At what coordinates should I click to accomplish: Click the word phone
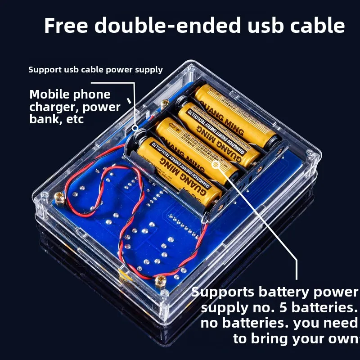tap(92, 94)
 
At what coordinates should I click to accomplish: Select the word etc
tap(74, 120)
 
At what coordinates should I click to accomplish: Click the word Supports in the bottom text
tap(223, 292)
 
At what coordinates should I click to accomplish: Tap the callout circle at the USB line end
tap(135, 128)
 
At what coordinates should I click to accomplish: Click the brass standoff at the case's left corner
tap(59, 196)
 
